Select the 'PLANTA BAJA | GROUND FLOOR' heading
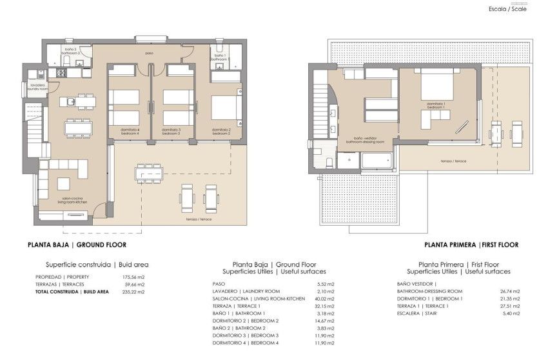click(x=77, y=245)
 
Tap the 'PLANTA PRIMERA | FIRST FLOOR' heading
click(x=471, y=245)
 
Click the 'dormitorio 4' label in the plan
click(x=130, y=132)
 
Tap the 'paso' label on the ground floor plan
click(x=149, y=54)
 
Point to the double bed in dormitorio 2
click(x=225, y=110)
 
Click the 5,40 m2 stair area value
click(x=513, y=315)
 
